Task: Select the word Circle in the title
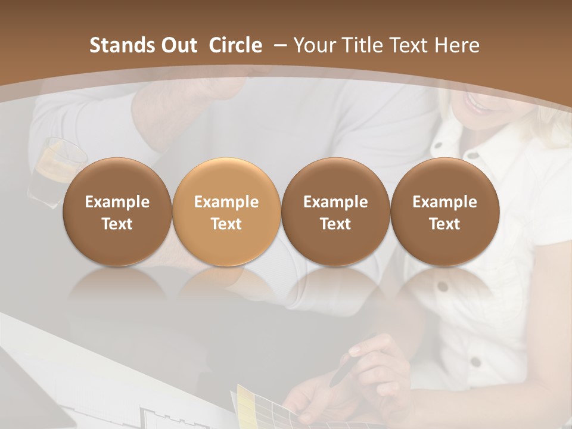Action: tap(235, 45)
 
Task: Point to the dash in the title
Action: tap(279, 45)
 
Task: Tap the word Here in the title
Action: tap(457, 45)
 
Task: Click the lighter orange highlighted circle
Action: tap(226, 212)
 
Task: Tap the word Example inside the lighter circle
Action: tap(226, 202)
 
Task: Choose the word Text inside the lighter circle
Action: tap(226, 224)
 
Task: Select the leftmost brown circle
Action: tap(117, 212)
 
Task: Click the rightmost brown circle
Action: tap(444, 212)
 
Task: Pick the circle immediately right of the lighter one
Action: tap(335, 212)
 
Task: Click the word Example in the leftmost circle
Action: tap(117, 202)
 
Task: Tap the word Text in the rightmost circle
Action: tap(444, 224)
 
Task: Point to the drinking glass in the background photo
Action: tap(57, 164)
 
